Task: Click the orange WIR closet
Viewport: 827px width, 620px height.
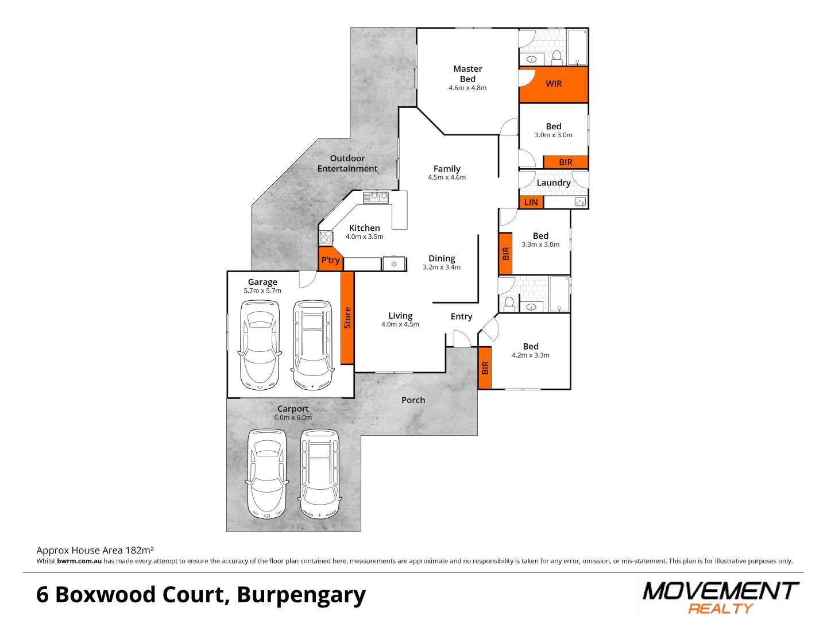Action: click(554, 84)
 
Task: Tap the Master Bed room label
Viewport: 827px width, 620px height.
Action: click(467, 73)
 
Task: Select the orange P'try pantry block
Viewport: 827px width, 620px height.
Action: click(330, 260)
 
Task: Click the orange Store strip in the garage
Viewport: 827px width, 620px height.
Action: click(347, 317)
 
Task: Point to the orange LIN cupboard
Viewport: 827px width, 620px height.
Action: click(531, 202)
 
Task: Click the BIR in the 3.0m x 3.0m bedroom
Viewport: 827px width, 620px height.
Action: click(566, 162)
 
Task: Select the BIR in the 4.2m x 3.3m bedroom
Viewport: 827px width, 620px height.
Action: click(485, 368)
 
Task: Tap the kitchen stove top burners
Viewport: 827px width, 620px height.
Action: click(326, 237)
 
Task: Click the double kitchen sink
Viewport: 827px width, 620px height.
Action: click(376, 197)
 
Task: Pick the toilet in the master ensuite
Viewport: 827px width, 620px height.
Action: click(557, 57)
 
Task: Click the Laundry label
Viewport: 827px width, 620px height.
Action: click(554, 183)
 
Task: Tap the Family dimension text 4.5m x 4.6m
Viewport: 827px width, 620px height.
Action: click(447, 177)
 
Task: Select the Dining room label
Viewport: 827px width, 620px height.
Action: click(442, 258)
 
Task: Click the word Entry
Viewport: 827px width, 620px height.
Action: click(461, 316)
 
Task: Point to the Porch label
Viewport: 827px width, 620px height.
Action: click(413, 400)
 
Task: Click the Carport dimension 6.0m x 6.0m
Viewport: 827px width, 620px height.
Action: click(293, 417)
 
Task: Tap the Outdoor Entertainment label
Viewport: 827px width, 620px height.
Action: click(347, 163)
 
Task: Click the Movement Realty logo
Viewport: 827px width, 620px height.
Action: click(721, 597)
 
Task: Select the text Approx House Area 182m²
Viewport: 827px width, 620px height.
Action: click(95, 550)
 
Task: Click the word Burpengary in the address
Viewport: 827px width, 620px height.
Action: click(301, 595)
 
